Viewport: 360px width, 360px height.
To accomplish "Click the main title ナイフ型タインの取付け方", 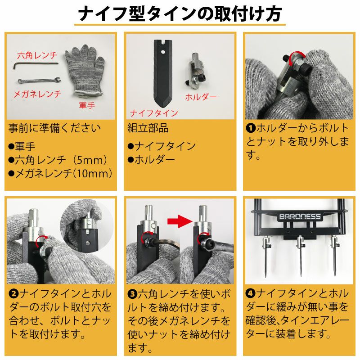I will click(180, 14).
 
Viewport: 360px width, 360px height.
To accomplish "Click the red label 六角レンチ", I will click(36, 56).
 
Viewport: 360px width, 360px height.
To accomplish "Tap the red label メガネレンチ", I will click(36, 94).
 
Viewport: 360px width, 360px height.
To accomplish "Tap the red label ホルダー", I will click(201, 97).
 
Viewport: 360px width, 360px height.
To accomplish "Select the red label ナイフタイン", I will click(154, 113).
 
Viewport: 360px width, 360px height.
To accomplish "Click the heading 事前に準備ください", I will click(54, 128).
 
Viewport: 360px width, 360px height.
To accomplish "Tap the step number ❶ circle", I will click(251, 128).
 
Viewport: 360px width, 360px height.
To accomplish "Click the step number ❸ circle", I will click(132, 294).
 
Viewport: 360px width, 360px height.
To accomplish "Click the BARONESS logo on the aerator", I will click(300, 216).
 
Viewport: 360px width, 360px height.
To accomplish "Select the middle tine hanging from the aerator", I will click(300, 256).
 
